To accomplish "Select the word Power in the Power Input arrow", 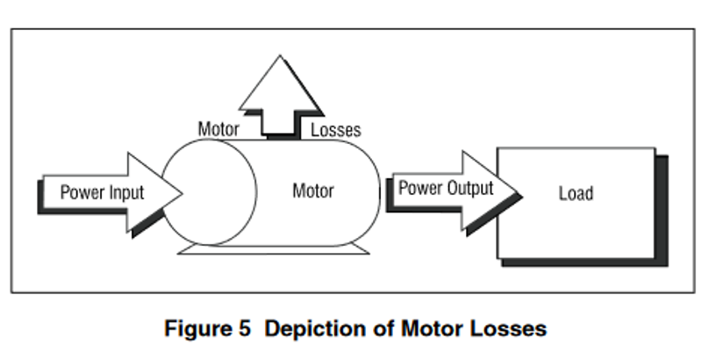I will tap(82, 192).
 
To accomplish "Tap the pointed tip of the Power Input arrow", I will tap(180, 192).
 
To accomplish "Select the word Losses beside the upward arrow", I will tap(336, 131).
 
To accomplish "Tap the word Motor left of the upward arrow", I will tap(218, 131).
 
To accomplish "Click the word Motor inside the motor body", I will tap(313, 191).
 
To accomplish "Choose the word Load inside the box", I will tap(576, 193).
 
